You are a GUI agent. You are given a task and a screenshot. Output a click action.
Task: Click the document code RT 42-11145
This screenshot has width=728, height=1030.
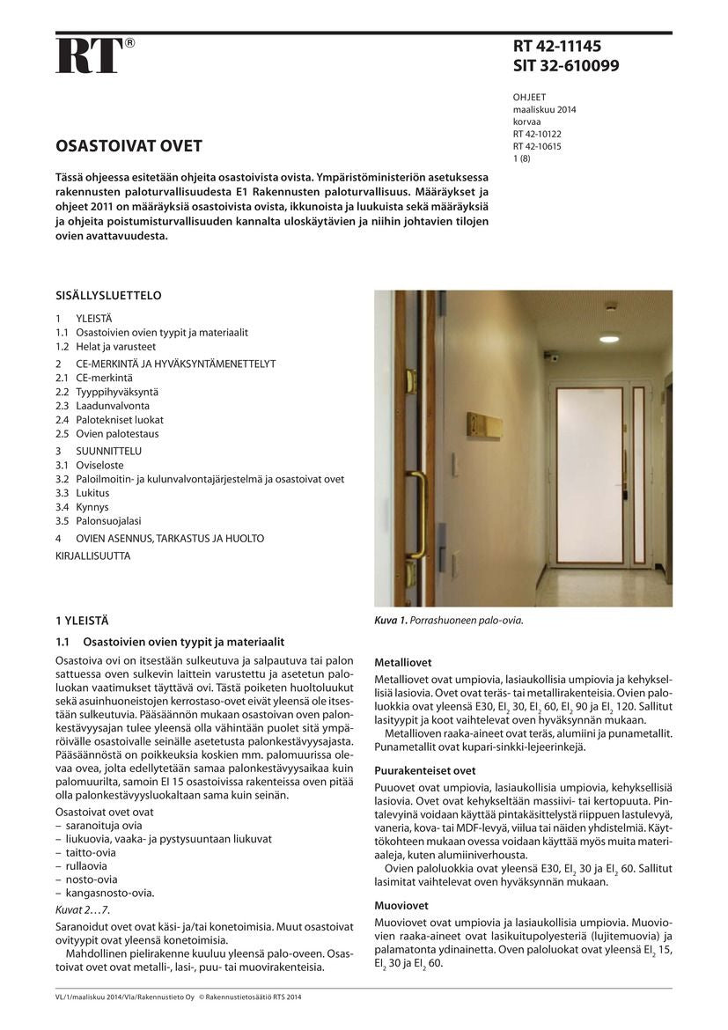tap(557, 47)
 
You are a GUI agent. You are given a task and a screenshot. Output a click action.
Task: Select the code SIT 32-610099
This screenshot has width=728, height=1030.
tap(566, 66)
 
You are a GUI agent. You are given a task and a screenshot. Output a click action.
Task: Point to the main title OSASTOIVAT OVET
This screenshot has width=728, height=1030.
tap(129, 145)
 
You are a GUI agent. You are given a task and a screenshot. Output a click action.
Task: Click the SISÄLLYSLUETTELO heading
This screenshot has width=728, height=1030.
tap(108, 296)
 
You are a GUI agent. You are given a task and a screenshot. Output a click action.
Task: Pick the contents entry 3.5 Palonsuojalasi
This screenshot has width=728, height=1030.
tap(98, 520)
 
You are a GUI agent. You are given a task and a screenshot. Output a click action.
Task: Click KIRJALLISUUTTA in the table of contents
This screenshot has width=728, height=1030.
tap(92, 555)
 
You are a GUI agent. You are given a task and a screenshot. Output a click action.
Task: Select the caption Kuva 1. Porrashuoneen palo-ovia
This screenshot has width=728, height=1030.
tap(449, 620)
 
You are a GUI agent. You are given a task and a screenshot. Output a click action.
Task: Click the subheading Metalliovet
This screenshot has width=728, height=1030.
tap(403, 662)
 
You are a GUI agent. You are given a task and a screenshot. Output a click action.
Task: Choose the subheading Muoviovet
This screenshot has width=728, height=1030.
tap(401, 905)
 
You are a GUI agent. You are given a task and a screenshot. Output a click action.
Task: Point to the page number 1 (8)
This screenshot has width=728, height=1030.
tap(521, 158)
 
